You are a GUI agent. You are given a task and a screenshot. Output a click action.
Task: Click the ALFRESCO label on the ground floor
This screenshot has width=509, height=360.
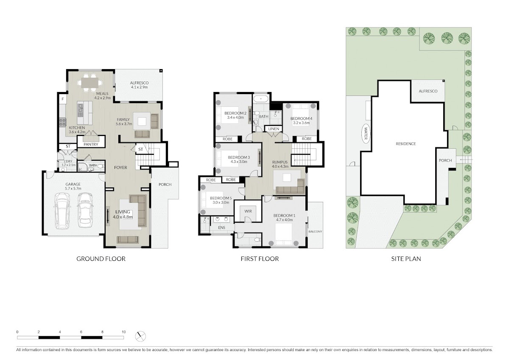pyautogui.click(x=139, y=83)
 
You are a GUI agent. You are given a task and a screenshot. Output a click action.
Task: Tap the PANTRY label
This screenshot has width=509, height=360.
pyautogui.click(x=91, y=144)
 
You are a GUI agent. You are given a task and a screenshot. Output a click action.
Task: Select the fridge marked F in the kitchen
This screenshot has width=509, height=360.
pyautogui.click(x=63, y=99)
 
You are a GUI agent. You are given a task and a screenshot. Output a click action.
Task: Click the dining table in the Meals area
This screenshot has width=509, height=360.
pyautogui.click(x=89, y=82)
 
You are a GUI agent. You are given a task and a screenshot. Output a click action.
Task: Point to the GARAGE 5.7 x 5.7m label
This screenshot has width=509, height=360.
pyautogui.click(x=73, y=186)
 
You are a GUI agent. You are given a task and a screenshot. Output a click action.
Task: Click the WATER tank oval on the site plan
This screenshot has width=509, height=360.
pyautogui.click(x=366, y=134)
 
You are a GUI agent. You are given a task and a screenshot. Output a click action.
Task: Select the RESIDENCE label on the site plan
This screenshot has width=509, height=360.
pyautogui.click(x=406, y=144)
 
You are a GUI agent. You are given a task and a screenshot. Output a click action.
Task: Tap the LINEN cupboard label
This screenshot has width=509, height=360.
pyautogui.click(x=274, y=129)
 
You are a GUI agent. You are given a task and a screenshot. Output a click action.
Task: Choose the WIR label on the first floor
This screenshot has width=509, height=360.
pyautogui.click(x=248, y=211)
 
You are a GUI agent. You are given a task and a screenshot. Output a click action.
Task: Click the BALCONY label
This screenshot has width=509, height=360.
pyautogui.click(x=316, y=232)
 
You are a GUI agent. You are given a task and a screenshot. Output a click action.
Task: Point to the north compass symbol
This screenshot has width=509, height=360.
pyautogui.click(x=140, y=336)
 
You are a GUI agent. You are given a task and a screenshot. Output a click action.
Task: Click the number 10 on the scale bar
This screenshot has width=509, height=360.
pyautogui.click(x=123, y=332)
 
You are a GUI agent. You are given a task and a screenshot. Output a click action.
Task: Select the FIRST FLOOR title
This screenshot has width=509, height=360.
pyautogui.click(x=260, y=259)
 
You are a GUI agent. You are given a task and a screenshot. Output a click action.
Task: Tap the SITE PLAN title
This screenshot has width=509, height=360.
pyautogui.click(x=406, y=259)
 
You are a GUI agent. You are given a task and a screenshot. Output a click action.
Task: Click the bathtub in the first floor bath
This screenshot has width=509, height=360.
pyautogui.click(x=261, y=99)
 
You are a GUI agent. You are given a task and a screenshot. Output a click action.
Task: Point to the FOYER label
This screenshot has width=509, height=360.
pyautogui.click(x=120, y=167)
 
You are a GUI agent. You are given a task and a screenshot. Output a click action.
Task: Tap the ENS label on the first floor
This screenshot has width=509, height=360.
pyautogui.click(x=221, y=228)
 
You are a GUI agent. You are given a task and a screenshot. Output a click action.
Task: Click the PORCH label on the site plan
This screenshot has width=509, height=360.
pyautogui.click(x=445, y=160)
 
